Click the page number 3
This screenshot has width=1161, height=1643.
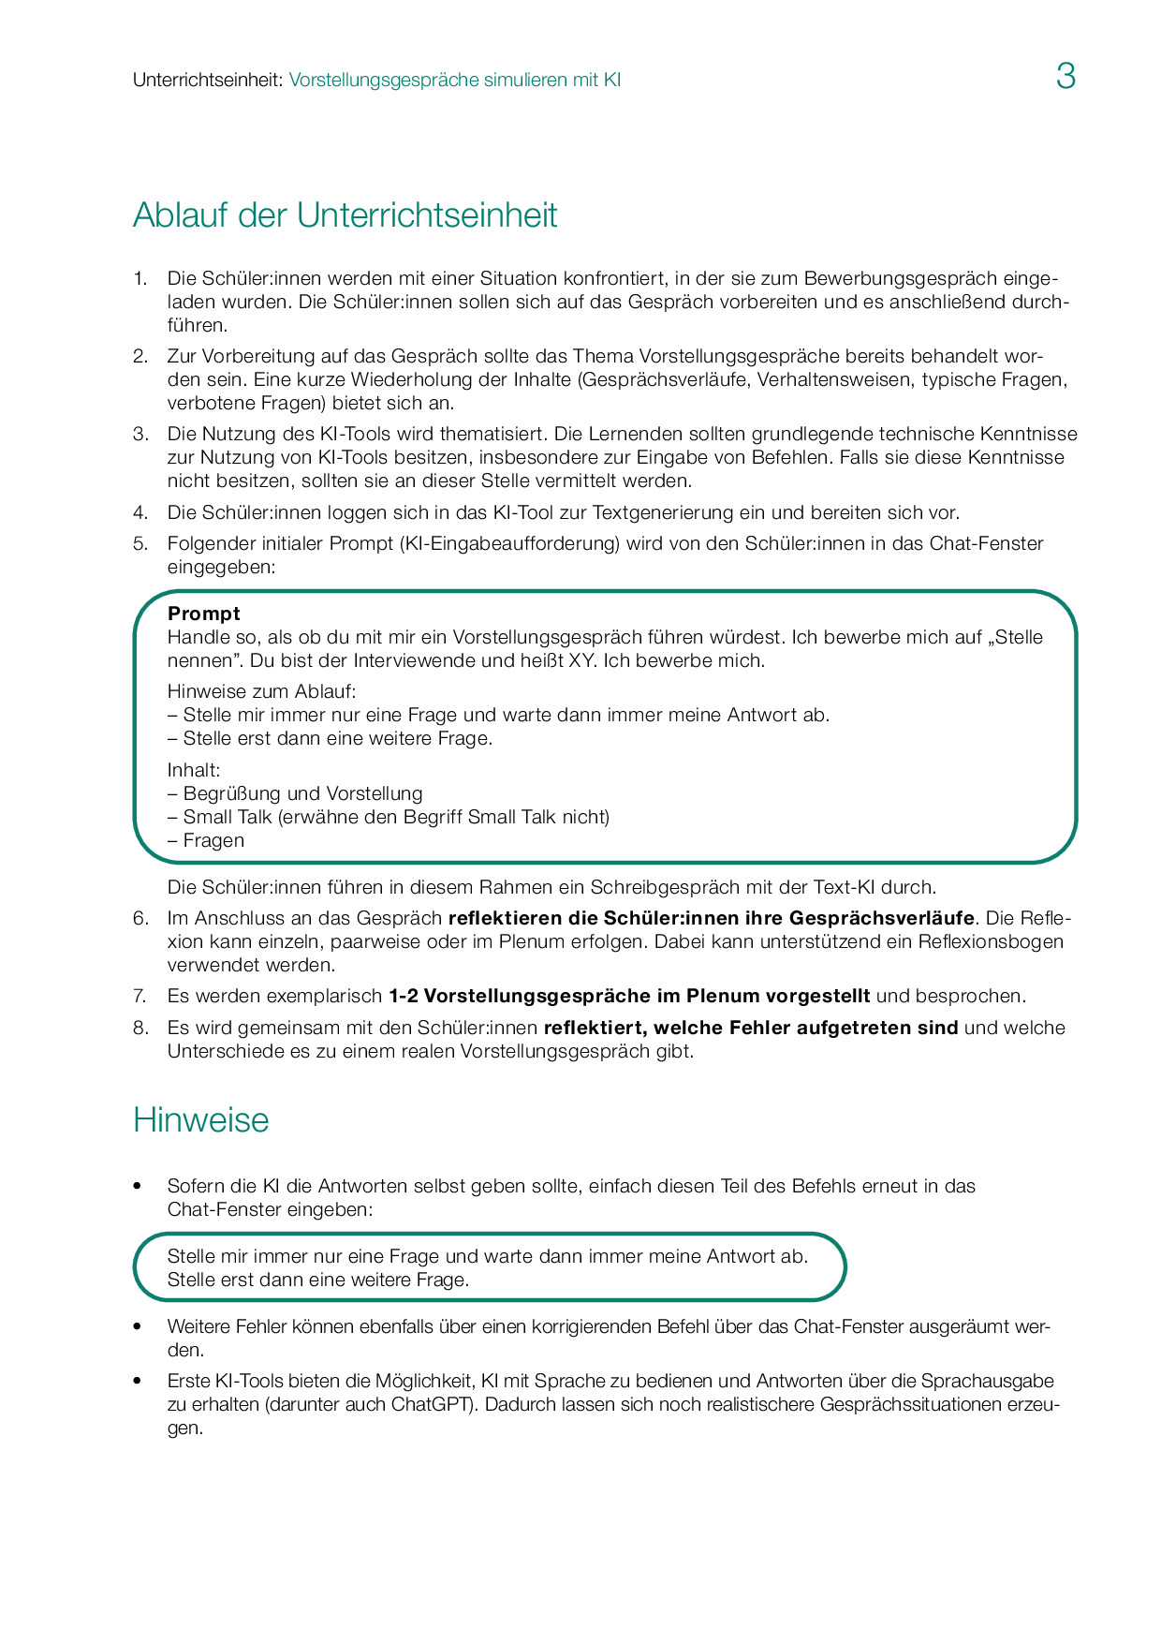click(x=1065, y=77)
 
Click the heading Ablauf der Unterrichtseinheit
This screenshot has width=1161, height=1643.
click(x=345, y=215)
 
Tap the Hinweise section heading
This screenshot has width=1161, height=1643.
click(x=200, y=1120)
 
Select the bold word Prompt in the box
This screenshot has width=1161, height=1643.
click(x=204, y=614)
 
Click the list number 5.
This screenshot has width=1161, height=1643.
click(x=140, y=543)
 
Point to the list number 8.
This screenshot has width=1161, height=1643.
click(x=140, y=1028)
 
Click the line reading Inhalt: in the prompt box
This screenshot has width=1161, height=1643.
click(x=194, y=770)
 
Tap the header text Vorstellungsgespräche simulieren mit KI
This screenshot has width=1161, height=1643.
click(x=454, y=81)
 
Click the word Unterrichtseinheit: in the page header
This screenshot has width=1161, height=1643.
click(x=207, y=81)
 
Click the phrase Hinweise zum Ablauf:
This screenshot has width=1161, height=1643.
click(x=261, y=691)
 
